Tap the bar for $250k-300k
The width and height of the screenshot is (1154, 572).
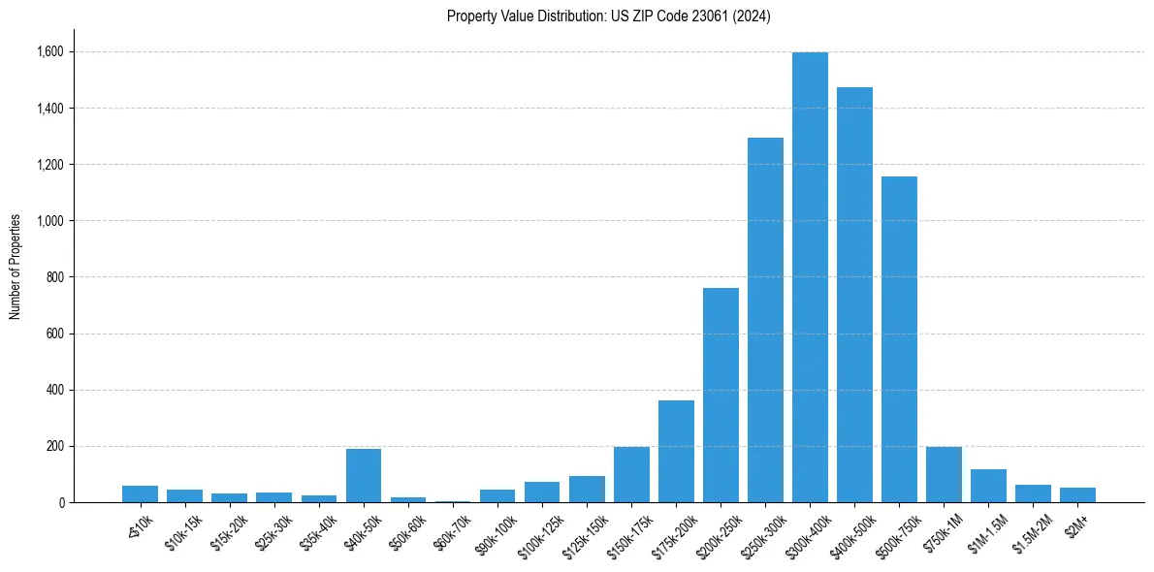pyautogui.click(x=765, y=320)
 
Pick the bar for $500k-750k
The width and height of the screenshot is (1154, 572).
pyautogui.click(x=899, y=339)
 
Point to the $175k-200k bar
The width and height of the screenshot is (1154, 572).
pyautogui.click(x=676, y=452)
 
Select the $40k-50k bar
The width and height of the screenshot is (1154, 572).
pyautogui.click(x=364, y=476)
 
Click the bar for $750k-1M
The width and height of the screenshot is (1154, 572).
pyautogui.click(x=944, y=475)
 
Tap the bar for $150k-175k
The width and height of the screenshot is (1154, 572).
pyautogui.click(x=631, y=475)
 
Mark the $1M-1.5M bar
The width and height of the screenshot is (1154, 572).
pyautogui.click(x=988, y=486)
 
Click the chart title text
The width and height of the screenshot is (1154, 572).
pyautogui.click(x=608, y=16)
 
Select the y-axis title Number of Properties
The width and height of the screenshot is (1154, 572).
pyautogui.click(x=16, y=267)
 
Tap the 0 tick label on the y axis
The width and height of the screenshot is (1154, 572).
pyautogui.click(x=62, y=502)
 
